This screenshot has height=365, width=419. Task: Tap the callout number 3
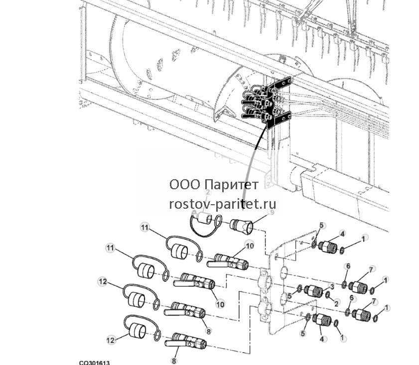click(x=332, y=286)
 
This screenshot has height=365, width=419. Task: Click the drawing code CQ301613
click(x=94, y=363)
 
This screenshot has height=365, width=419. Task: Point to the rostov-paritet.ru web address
click(x=223, y=204)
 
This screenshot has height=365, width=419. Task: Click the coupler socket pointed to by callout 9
click(x=242, y=226)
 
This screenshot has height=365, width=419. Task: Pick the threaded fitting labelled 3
click(x=313, y=290)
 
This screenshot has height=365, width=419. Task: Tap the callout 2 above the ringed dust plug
click(x=208, y=193)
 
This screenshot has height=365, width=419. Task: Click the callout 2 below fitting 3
click(x=336, y=303)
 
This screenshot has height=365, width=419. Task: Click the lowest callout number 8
click(x=174, y=361)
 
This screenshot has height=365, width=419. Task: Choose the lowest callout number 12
click(x=111, y=340)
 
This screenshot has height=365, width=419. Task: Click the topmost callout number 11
click(x=144, y=227)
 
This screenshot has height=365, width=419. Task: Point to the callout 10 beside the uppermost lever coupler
click(x=250, y=245)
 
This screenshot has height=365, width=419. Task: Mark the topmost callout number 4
click(x=343, y=234)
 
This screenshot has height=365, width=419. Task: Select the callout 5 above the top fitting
click(x=321, y=225)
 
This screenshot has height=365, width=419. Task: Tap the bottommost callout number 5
click(x=303, y=334)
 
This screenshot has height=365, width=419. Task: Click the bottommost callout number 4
click(x=322, y=339)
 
